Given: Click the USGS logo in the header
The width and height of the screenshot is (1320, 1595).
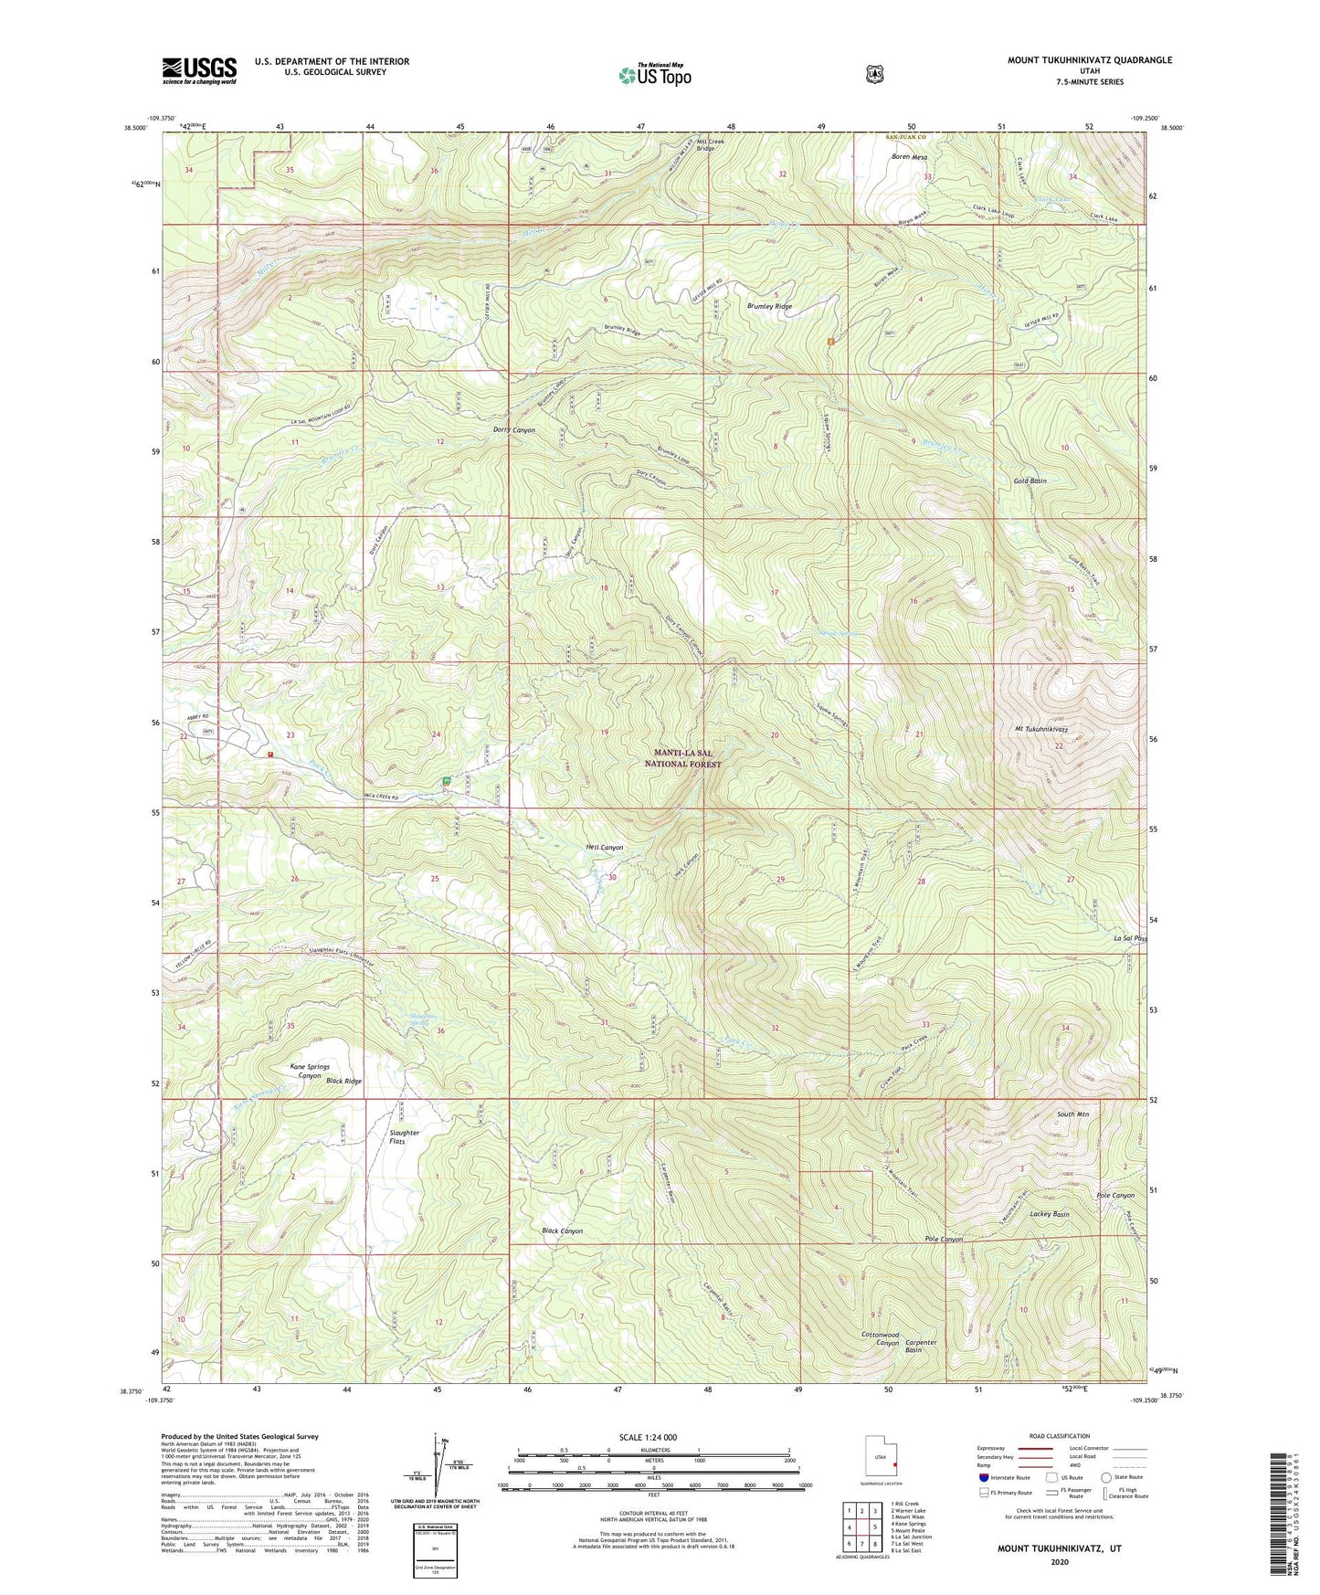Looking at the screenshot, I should (x=199, y=70).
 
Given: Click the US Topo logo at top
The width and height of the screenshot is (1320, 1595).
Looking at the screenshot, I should (x=653, y=75).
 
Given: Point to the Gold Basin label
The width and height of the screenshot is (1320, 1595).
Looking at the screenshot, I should (x=1030, y=481).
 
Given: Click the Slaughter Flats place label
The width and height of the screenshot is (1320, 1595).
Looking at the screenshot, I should (x=404, y=1136).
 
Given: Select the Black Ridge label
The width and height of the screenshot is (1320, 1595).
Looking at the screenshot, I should (x=344, y=1081).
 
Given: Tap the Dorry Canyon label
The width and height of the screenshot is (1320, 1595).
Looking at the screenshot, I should (x=514, y=429).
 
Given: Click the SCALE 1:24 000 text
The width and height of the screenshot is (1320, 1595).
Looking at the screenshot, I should (x=648, y=1437).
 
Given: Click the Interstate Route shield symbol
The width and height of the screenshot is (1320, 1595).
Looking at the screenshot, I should (x=983, y=1477).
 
